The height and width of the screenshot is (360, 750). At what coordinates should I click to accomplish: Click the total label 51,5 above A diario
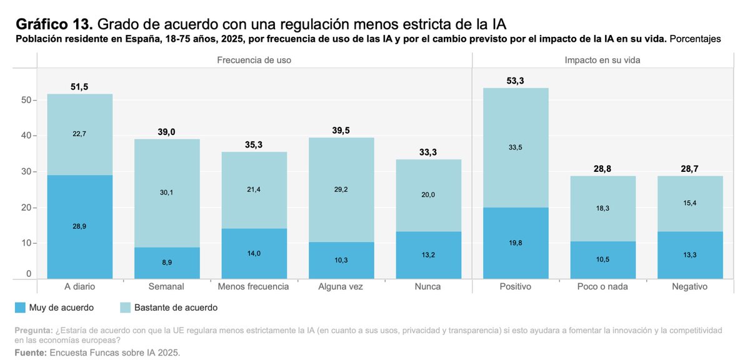pos(80,87)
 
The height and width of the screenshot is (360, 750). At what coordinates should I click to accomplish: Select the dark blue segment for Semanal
pos(167,262)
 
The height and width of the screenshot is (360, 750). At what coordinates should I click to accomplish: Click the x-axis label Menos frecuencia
pos(254,287)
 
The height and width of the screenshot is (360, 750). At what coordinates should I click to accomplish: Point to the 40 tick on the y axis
pos(26,136)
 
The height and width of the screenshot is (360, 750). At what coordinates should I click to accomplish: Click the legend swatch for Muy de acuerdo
pos(20,307)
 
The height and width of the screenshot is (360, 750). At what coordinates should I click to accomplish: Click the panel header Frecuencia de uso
pos(254,60)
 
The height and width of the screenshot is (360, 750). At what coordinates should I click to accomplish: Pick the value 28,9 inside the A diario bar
pos(80,226)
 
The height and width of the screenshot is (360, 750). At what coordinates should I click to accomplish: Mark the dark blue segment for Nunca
pos(427,255)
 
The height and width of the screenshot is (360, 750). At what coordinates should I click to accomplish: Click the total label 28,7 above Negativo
pos(691,169)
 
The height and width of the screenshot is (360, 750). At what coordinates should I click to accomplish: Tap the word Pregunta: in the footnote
pos(33,329)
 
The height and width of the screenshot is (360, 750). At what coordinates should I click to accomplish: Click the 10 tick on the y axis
pos(26,243)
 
